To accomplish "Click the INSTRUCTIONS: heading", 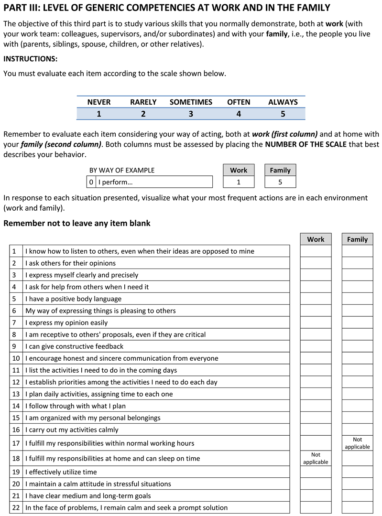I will point(30,59).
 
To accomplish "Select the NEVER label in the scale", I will point(99,102).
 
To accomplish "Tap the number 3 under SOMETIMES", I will point(191,114).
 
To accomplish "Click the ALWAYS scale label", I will point(283,102).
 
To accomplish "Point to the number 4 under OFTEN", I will point(239,114).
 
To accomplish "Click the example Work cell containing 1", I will point(239,182).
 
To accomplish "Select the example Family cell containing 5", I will point(280,182).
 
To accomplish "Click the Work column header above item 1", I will point(316,239).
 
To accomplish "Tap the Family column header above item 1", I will point(357,239).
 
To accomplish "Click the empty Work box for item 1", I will point(316,251).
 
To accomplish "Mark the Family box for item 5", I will point(357,299).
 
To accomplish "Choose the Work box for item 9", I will point(316,346).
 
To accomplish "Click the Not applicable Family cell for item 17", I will point(357,443).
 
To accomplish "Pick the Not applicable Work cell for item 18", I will point(316,458).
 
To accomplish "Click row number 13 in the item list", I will point(16,394).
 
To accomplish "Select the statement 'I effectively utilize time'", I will point(61,472).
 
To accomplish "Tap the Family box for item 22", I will point(357,507).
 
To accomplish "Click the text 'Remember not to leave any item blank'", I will point(77,223).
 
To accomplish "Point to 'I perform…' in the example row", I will point(115,182).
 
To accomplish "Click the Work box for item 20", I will point(316,484).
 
